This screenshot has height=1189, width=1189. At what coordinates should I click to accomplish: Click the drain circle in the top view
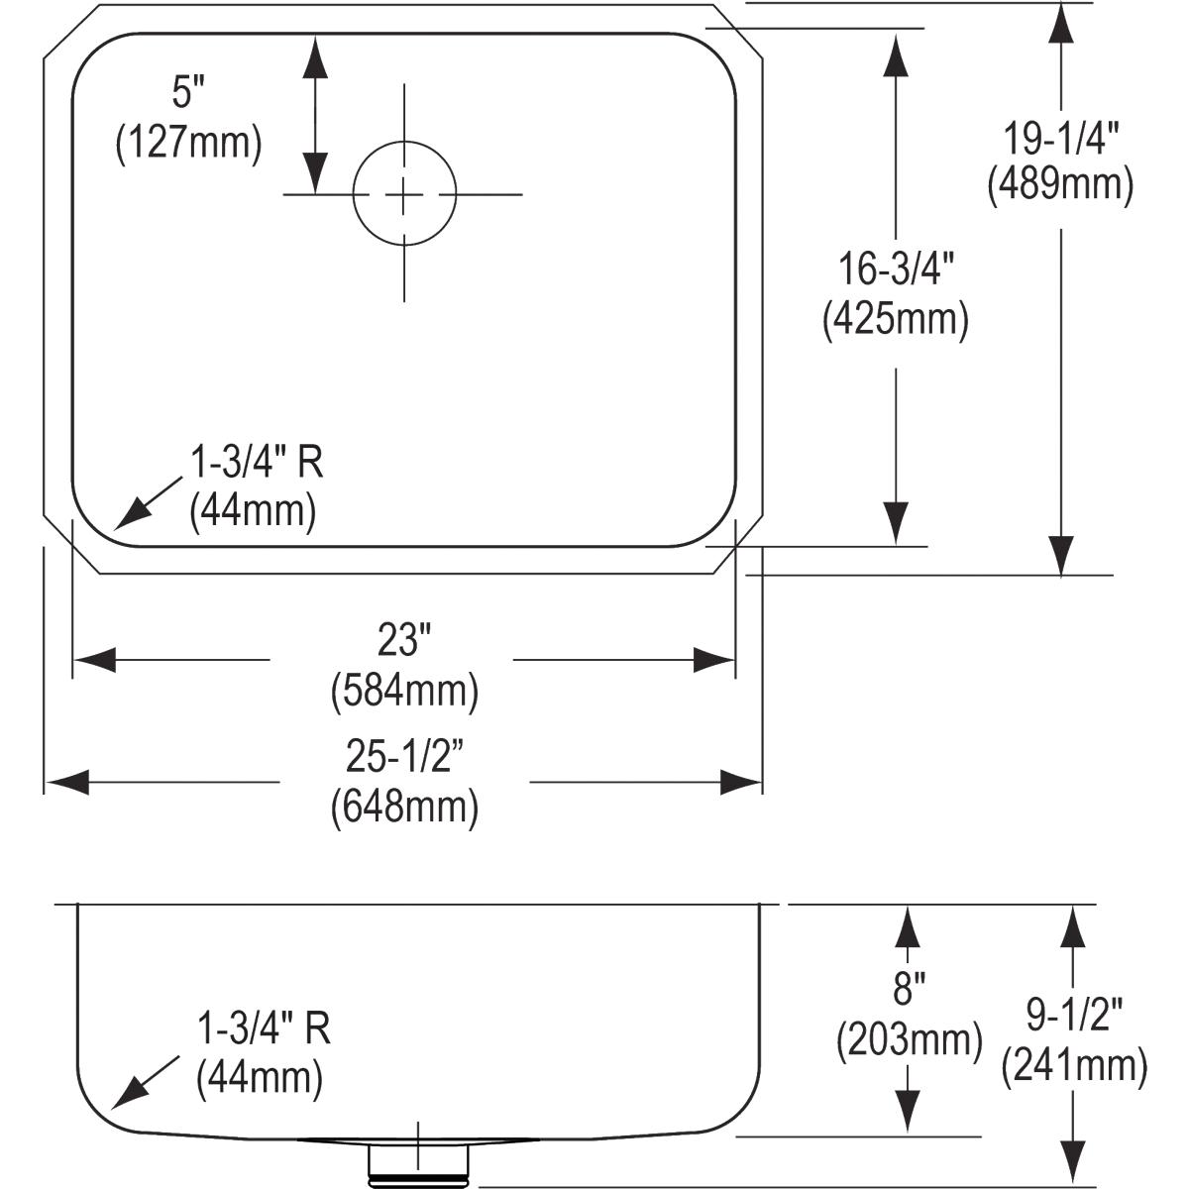(354, 194)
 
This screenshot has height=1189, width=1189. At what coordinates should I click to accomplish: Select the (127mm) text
(189, 144)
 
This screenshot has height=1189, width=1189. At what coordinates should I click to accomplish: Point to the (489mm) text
(1060, 185)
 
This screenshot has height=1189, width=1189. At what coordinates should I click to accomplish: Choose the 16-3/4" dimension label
(896, 270)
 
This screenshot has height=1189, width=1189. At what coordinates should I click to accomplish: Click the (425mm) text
(896, 319)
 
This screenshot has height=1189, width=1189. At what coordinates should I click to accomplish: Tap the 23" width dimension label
(404, 639)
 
